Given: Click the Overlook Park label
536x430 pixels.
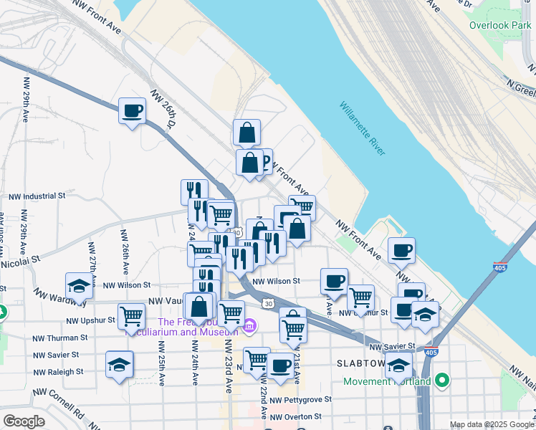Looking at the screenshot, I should click(499, 25).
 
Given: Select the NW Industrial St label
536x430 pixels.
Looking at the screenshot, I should click(37, 195).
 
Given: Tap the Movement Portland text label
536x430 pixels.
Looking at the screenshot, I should click(387, 381).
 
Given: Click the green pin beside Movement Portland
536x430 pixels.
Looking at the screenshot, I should click(443, 380).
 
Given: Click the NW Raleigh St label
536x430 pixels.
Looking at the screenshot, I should click(59, 372).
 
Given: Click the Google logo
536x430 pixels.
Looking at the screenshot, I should click(24, 421).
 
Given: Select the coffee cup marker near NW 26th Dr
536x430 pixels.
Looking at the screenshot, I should click(132, 111).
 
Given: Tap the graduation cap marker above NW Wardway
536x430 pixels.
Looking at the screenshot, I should click(80, 286).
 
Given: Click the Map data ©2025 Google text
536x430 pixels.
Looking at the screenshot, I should click(492, 424).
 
